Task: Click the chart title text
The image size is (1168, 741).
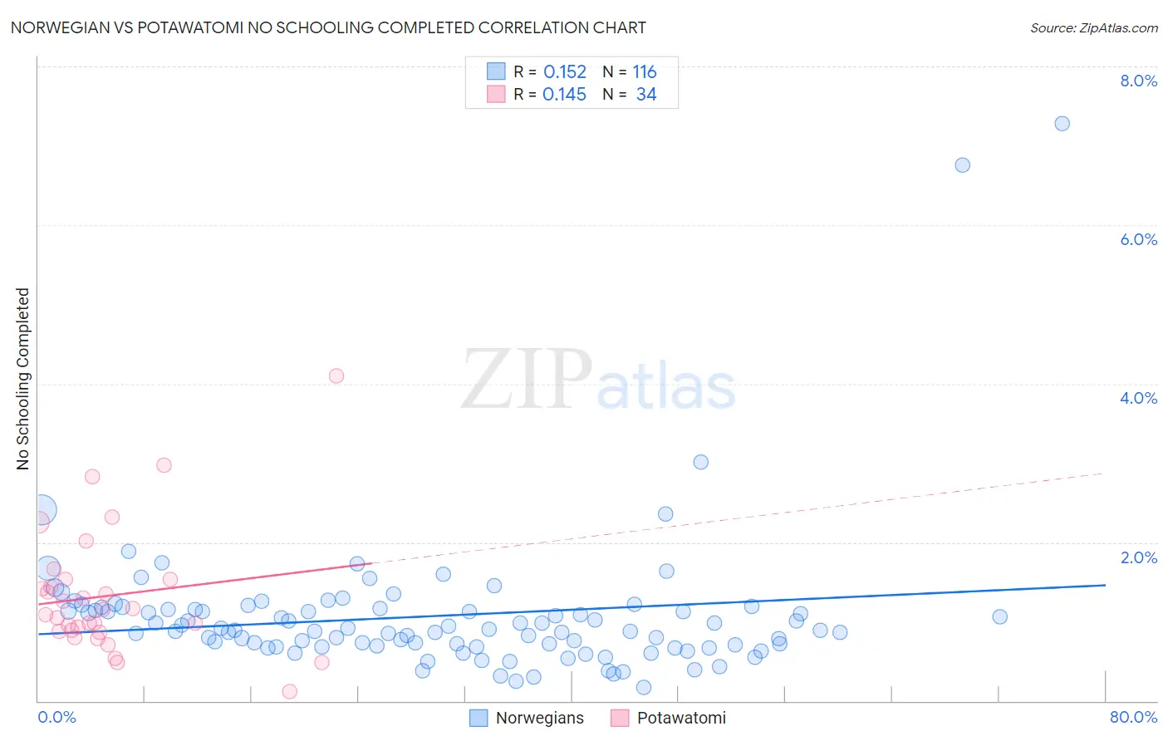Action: click(x=328, y=28)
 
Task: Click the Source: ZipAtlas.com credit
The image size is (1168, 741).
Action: click(x=1093, y=28)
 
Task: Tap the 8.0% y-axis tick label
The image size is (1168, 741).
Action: click(x=1138, y=81)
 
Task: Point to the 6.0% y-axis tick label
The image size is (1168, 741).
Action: click(x=1138, y=239)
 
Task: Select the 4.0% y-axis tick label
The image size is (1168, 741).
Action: click(x=1138, y=398)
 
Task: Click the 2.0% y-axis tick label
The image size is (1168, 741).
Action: click(x=1138, y=557)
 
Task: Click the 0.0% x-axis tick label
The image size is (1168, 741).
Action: click(x=56, y=717)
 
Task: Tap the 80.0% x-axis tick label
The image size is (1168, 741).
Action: click(x=1133, y=717)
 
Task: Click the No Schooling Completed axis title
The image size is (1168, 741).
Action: click(x=23, y=379)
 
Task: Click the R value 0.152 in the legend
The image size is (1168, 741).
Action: click(x=565, y=72)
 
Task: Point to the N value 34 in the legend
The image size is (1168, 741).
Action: click(x=646, y=95)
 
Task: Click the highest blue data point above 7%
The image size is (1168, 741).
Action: click(x=1062, y=124)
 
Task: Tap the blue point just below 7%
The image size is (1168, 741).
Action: click(x=962, y=165)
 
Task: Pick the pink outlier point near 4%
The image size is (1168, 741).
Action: click(x=336, y=375)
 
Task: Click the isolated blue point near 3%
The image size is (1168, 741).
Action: click(x=700, y=462)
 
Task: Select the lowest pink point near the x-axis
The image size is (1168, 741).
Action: click(x=290, y=691)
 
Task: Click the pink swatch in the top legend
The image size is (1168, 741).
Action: click(x=496, y=94)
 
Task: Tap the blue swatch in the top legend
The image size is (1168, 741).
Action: click(x=496, y=71)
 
